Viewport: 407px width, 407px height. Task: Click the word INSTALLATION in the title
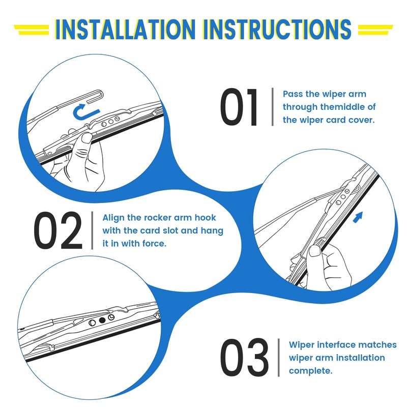[125, 29]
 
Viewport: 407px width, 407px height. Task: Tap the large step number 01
[239, 107]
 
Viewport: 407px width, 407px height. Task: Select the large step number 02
[58, 230]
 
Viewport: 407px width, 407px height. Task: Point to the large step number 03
[244, 357]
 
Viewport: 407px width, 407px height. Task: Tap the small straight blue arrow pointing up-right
[358, 217]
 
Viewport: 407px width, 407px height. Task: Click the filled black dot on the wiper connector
[102, 320]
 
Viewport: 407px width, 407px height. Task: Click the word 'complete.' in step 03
[310, 371]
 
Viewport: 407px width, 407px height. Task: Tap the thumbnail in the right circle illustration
[314, 251]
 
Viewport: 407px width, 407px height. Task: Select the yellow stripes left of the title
[32, 30]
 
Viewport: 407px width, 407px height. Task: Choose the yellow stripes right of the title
[375, 30]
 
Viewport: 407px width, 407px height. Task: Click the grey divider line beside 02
[92, 230]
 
